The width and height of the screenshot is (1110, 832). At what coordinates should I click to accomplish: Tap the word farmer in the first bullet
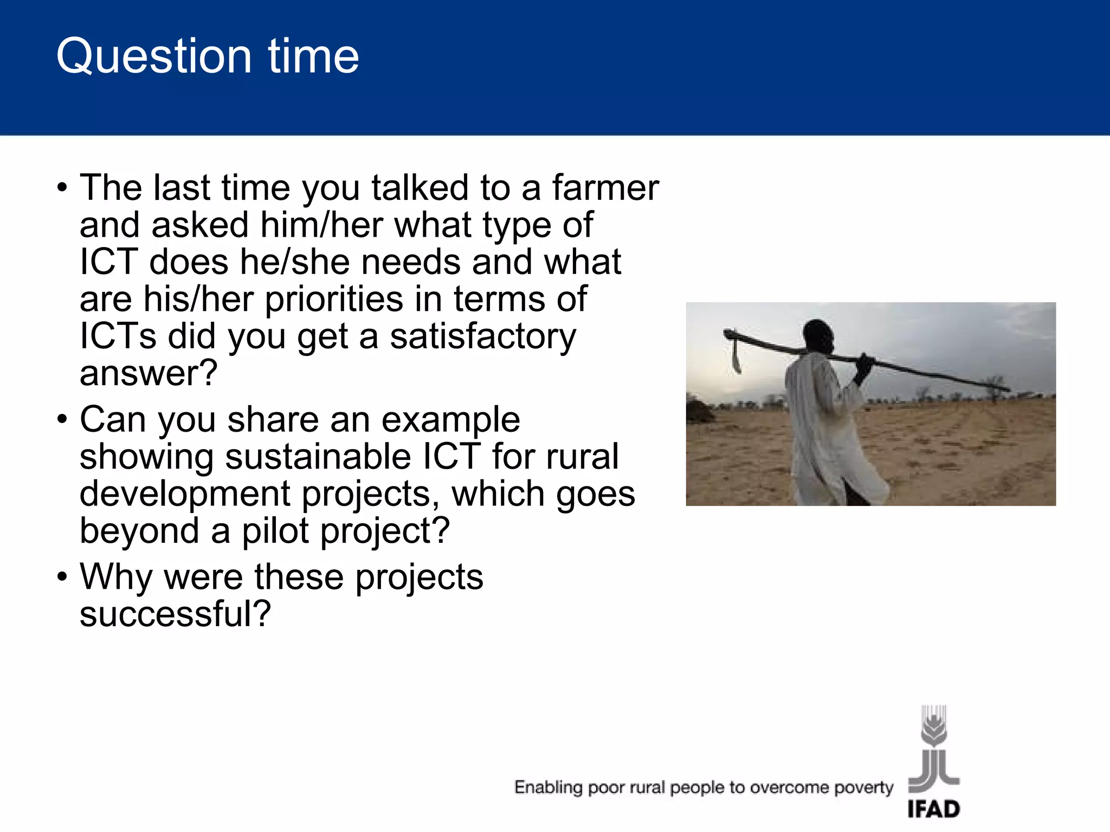pos(605,188)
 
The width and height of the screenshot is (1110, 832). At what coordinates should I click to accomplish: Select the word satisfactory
pos(483,337)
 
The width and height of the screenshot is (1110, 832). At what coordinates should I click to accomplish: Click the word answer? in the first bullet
pos(149,374)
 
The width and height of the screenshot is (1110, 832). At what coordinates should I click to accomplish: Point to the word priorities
pos(334,300)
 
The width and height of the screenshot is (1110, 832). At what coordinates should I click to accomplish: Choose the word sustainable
pos(318,457)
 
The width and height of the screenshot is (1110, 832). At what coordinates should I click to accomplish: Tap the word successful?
pos(175,614)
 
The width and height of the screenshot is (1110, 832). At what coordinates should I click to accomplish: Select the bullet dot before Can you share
pos(62,420)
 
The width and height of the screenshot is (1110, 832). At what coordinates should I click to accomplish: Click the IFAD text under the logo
pos(933,809)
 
